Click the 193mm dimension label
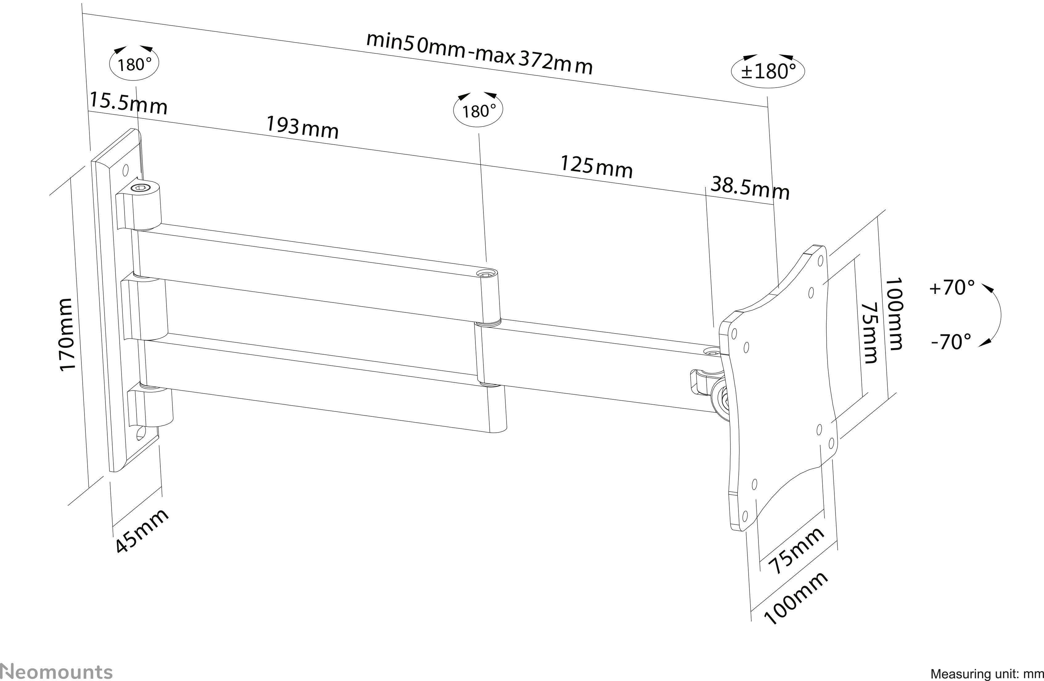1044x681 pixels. point(303,128)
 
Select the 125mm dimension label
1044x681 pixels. point(597,167)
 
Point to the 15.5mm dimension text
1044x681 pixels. point(128,104)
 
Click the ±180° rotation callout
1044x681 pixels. point(768,71)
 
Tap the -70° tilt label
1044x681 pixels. point(951,341)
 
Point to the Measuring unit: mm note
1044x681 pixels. point(987,674)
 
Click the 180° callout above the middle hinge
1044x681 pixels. point(478,111)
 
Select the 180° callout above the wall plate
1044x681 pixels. point(134,64)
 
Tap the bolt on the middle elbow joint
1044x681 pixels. point(487,274)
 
